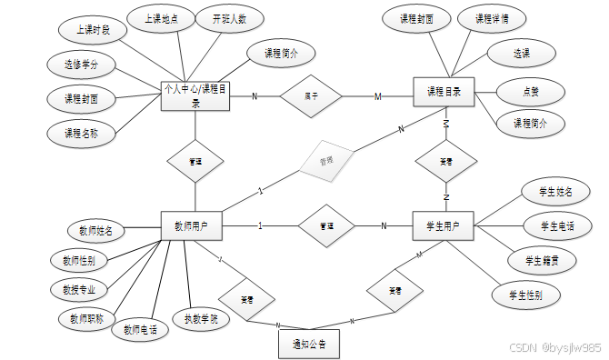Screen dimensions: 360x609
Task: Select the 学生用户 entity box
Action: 443,225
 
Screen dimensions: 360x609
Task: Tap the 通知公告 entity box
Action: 308,345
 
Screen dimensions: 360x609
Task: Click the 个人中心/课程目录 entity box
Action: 195,95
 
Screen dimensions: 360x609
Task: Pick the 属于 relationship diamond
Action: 311,95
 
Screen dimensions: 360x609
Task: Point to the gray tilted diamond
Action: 325,163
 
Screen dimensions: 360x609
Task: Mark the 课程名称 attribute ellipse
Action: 81,133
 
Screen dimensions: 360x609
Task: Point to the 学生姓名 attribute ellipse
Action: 554,191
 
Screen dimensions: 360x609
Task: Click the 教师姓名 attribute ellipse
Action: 94,231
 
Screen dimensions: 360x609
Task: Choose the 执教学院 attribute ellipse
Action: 201,318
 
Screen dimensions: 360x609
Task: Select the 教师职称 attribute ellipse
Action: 87,319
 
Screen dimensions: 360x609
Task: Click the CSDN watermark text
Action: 554,348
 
